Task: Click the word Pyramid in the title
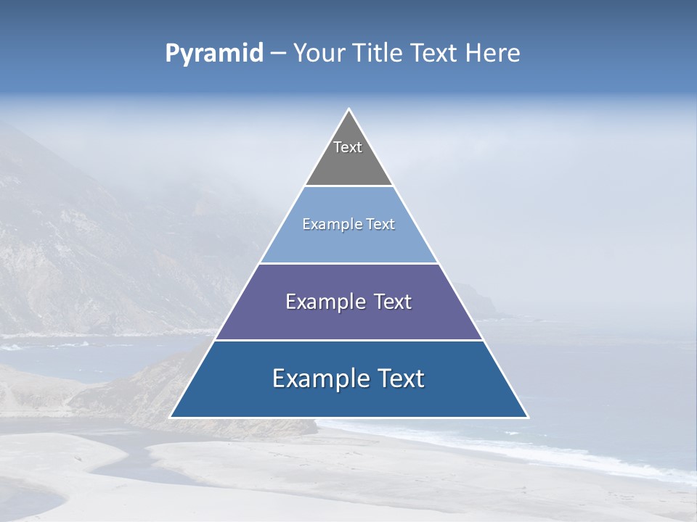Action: click(x=214, y=54)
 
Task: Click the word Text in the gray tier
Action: click(x=348, y=147)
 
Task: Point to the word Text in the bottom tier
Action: click(x=401, y=378)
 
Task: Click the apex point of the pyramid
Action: click(x=348, y=109)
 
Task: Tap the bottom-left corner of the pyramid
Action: click(x=171, y=417)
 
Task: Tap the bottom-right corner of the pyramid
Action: click(x=527, y=417)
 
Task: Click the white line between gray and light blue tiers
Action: click(x=348, y=186)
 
